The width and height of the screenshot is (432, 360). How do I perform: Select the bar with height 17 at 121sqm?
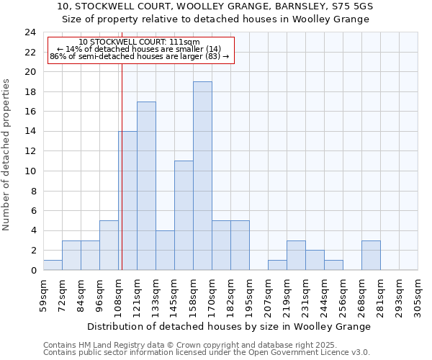146,186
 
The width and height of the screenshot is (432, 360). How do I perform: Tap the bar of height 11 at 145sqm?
184,215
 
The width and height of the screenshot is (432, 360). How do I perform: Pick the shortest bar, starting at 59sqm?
53,265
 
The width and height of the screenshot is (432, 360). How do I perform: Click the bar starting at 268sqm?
371,256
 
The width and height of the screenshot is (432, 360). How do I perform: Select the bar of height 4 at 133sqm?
165,251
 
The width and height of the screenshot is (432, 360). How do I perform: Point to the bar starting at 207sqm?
277,265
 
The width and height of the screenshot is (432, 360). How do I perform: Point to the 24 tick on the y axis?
30,32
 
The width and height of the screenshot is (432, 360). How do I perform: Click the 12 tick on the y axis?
30,151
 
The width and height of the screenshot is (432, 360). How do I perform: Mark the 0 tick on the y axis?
33,271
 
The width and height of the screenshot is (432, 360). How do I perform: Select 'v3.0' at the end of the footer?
360,352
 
